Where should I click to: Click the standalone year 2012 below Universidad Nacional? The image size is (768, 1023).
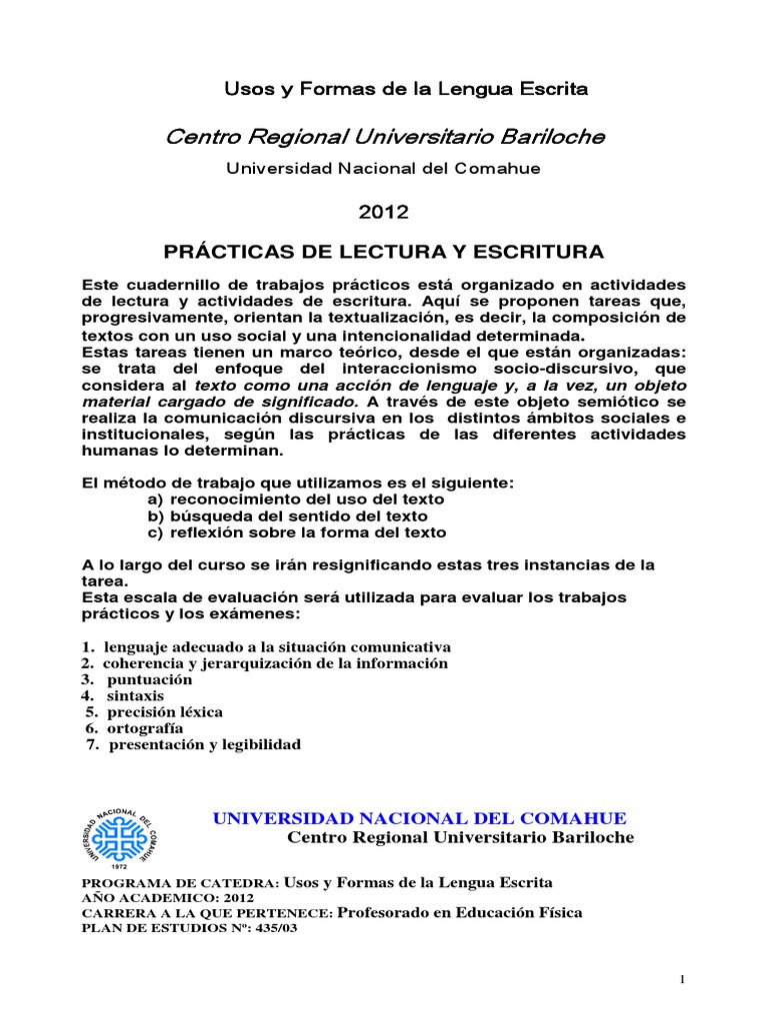[x=383, y=212]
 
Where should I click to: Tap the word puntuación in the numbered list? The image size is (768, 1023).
[x=150, y=679]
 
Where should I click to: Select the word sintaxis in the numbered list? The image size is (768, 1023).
[x=136, y=695]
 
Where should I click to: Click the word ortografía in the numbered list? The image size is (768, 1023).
[x=146, y=728]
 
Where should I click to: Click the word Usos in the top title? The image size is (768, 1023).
[x=243, y=89]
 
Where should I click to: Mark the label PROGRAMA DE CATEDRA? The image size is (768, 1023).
[x=176, y=883]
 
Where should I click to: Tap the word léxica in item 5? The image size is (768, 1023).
[x=200, y=712]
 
